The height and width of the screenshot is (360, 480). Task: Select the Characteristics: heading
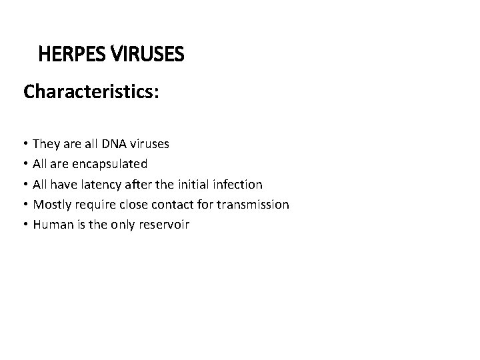pyautogui.click(x=91, y=91)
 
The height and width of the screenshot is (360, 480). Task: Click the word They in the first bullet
pyautogui.click(x=45, y=143)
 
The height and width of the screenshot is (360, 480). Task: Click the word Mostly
pyautogui.click(x=51, y=204)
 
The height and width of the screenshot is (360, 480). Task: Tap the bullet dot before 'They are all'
pyautogui.click(x=25, y=144)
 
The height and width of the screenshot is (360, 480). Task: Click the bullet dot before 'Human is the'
pyautogui.click(x=25, y=225)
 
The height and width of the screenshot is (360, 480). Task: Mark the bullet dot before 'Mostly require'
pyautogui.click(x=25, y=205)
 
